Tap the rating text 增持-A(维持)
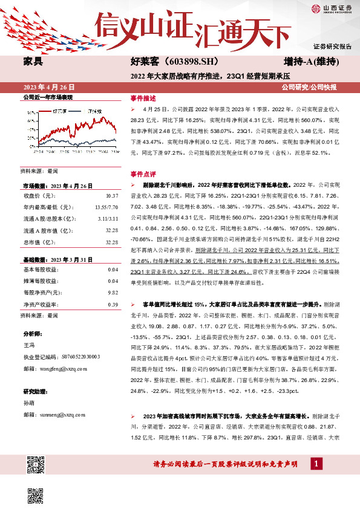(x=310, y=62)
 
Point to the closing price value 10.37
(x=111, y=196)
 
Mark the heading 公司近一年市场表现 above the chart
(x=47, y=97)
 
